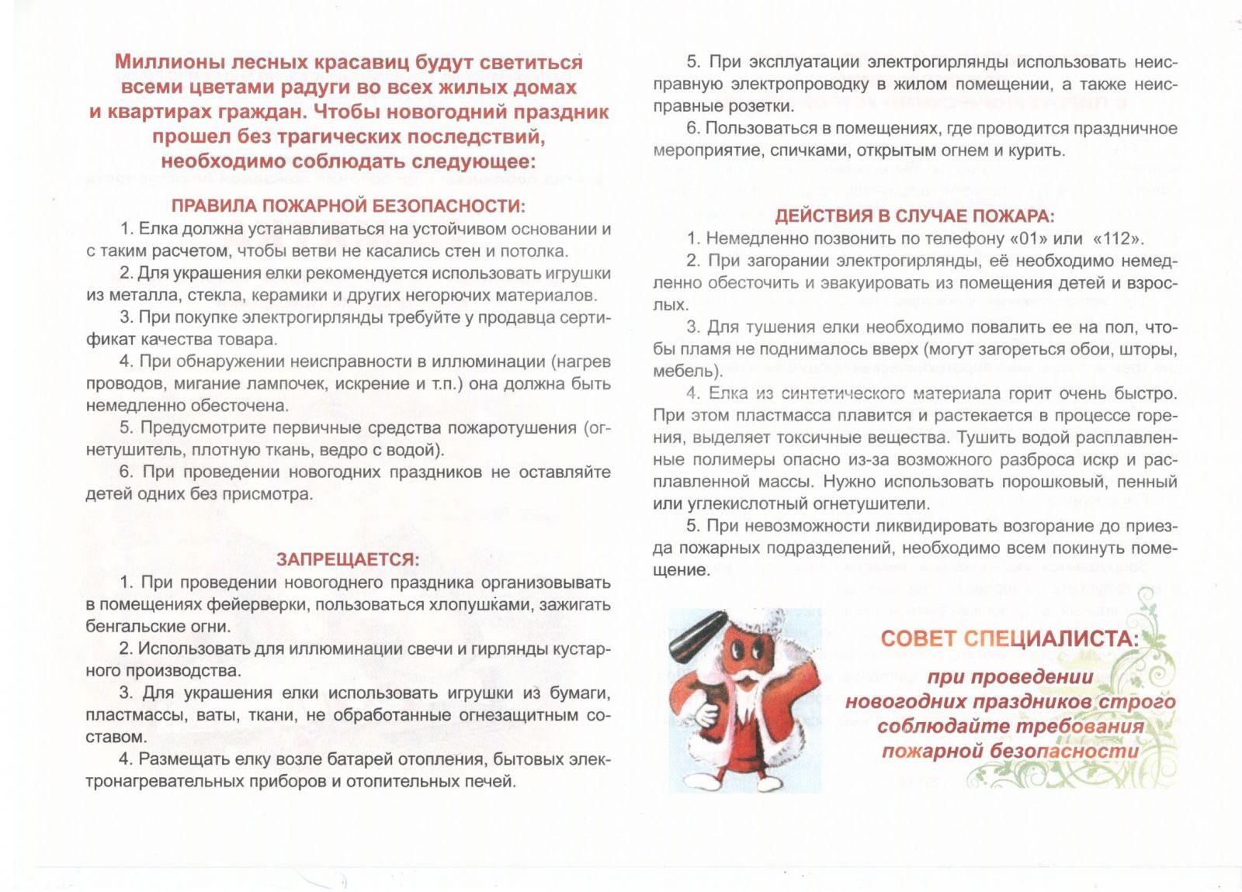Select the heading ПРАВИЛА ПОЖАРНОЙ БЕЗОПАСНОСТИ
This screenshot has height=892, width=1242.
click(348, 206)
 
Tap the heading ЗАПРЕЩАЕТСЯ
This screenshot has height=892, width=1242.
click(348, 559)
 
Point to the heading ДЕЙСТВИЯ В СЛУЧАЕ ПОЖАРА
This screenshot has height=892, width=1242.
click(914, 216)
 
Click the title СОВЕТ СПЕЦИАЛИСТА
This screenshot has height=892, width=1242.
click(1010, 638)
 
